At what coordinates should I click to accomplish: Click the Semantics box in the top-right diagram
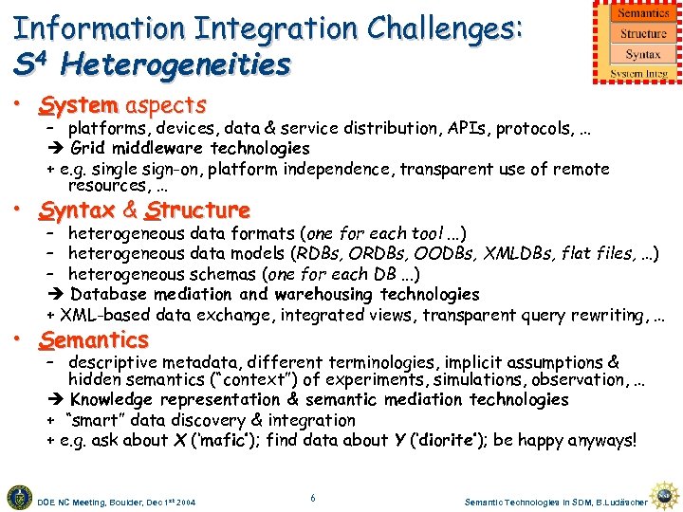click(643, 13)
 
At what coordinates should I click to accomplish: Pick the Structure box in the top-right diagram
click(643, 34)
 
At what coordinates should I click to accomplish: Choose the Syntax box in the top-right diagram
click(643, 55)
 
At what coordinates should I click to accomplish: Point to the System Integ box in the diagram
click(639, 73)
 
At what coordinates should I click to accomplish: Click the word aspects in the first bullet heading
click(166, 105)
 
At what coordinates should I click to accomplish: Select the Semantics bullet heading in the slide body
click(94, 339)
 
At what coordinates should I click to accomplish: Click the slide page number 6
click(313, 497)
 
